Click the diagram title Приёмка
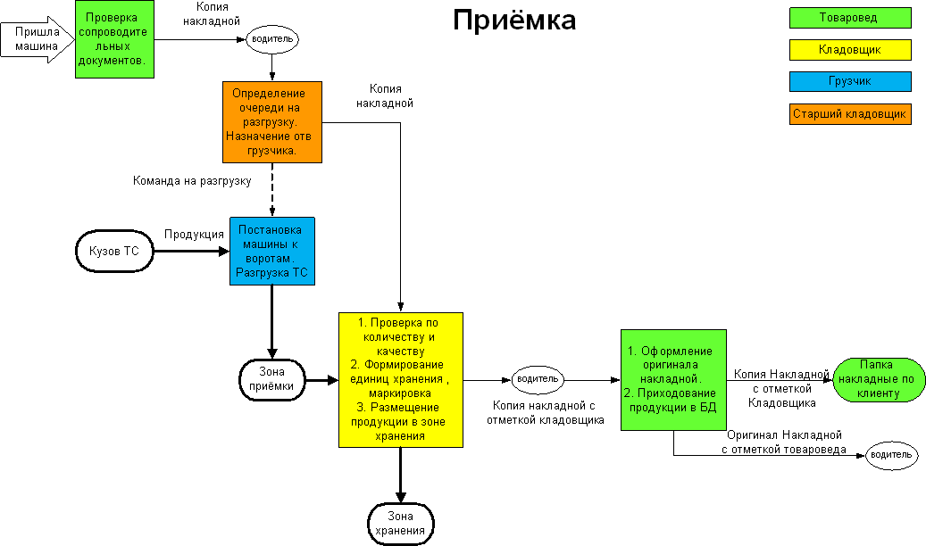click(513, 21)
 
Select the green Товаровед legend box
click(849, 18)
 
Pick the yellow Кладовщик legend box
click(849, 50)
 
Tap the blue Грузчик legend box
click(849, 81)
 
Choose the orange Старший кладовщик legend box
click(849, 114)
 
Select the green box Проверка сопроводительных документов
click(113, 39)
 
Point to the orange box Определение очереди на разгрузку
click(271, 122)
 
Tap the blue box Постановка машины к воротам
click(271, 251)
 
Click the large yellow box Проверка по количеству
click(401, 380)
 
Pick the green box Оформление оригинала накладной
click(673, 380)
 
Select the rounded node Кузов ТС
click(114, 252)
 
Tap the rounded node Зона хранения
click(400, 523)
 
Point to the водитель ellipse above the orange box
click(271, 40)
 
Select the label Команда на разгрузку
click(192, 181)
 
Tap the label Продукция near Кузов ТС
click(194, 235)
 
